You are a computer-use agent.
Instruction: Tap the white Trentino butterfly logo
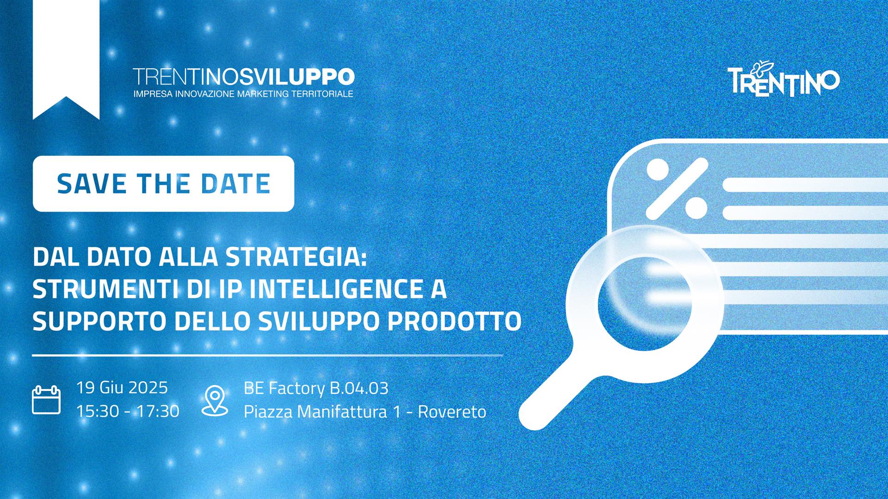pos(783,79)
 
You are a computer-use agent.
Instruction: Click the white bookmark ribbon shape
pos(66,60)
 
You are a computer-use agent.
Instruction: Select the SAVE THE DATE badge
pos(163,184)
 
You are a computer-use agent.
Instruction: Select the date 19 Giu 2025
pos(122,387)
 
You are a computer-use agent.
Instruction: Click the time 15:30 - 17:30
pos(128,411)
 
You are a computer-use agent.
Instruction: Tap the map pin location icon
pos(215,401)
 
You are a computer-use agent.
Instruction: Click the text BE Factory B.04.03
pos(316,388)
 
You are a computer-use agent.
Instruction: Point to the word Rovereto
pos(452,411)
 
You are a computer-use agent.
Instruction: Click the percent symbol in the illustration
pos(677,188)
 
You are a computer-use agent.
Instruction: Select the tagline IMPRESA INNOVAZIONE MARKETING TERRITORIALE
pos(243,94)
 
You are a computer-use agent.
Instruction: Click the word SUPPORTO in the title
pos(99,321)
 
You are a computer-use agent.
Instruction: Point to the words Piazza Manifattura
pos(315,411)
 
